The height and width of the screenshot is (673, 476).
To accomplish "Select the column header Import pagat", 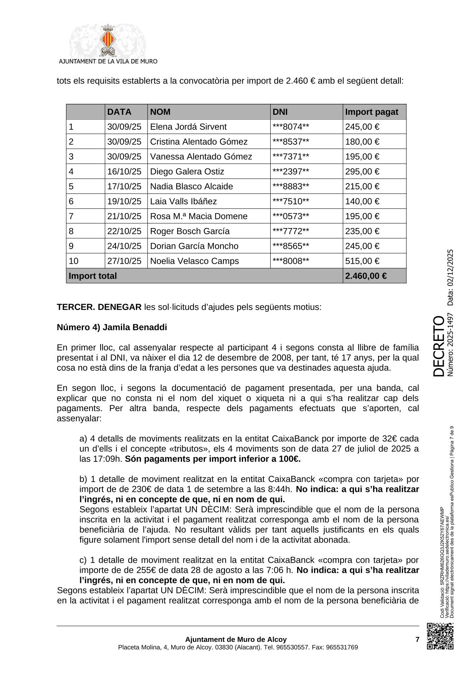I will click(371, 112).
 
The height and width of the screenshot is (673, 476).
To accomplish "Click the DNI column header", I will click(280, 112).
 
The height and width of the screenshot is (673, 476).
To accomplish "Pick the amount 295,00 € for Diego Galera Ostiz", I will click(362, 172).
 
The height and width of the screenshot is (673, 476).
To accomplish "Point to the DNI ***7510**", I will click(291, 202).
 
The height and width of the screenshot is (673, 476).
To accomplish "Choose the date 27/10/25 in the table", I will click(124, 261).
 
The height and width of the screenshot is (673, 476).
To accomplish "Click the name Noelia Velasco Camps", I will click(194, 261).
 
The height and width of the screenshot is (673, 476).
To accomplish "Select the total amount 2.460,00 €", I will click(365, 276).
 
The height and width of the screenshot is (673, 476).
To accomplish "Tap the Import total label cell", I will click(93, 276).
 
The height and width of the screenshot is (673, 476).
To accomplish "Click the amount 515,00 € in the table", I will click(362, 261).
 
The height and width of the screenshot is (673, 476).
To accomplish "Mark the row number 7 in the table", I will click(71, 217).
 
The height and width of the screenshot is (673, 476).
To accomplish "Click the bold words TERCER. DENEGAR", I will click(99, 307).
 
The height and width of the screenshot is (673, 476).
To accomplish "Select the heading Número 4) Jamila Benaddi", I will click(112, 327).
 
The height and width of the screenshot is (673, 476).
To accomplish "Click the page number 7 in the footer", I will click(417, 640).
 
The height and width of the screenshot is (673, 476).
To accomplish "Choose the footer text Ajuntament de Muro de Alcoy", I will click(236, 640).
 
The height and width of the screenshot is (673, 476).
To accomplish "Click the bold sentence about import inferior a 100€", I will click(213, 459).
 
